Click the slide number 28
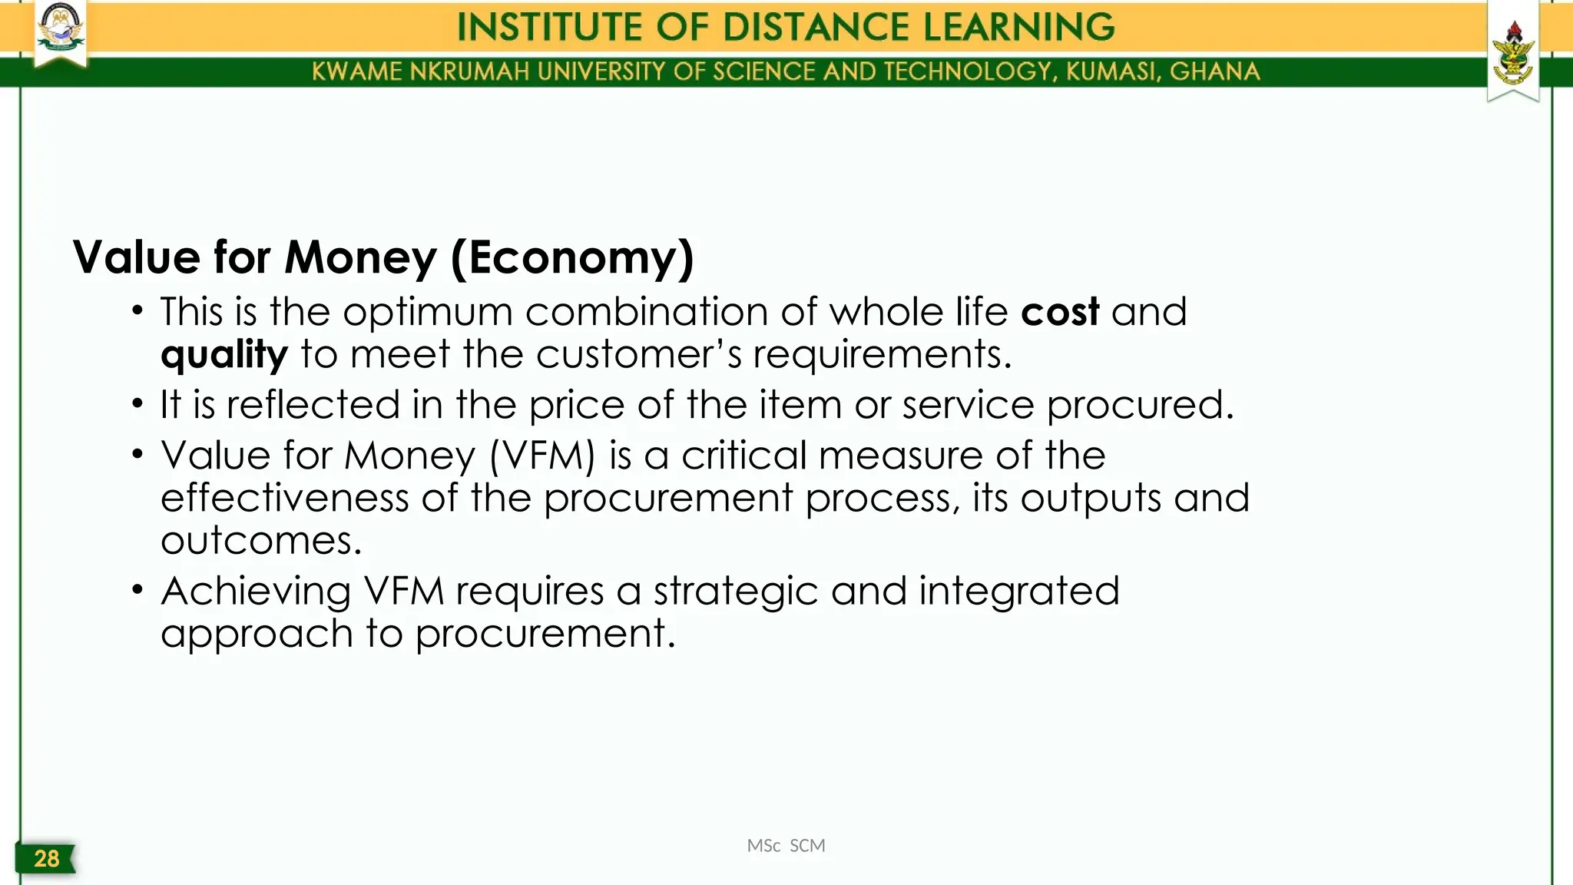pyautogui.click(x=46, y=858)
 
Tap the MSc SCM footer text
pyautogui.click(x=786, y=846)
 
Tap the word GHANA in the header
pyautogui.click(x=1215, y=71)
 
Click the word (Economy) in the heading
pyautogui.click(x=572, y=257)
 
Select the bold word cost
pyautogui.click(x=1060, y=312)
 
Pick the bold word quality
pyautogui.click(x=224, y=355)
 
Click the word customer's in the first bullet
pyautogui.click(x=639, y=354)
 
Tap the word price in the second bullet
pyautogui.click(x=588, y=405)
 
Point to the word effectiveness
pyautogui.click(x=284, y=498)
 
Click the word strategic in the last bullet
pyautogui.click(x=736, y=592)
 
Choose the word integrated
pyautogui.click(x=1019, y=592)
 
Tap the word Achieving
pyautogui.click(x=256, y=592)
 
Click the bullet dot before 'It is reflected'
pyautogui.click(x=137, y=404)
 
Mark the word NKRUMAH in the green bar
pyautogui.click(x=470, y=71)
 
